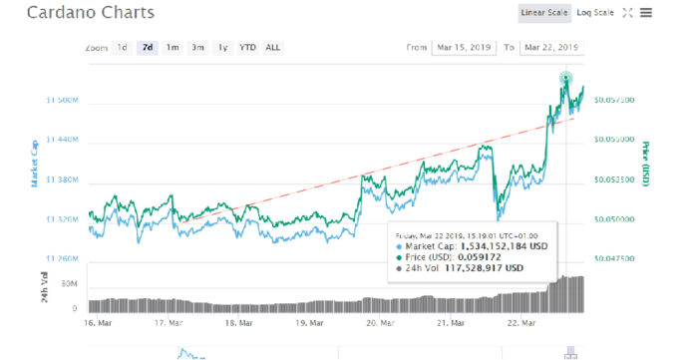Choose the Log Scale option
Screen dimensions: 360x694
click(595, 13)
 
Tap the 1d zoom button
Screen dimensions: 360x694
click(122, 47)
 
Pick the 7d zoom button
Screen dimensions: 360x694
click(148, 47)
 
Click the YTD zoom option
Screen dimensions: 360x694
click(246, 47)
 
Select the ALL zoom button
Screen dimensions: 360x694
click(272, 47)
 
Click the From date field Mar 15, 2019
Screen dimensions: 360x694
click(462, 47)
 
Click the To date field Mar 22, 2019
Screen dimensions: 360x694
click(551, 47)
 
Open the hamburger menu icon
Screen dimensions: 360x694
click(646, 13)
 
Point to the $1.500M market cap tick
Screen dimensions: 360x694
click(62, 101)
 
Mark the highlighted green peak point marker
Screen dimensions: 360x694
click(566, 78)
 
